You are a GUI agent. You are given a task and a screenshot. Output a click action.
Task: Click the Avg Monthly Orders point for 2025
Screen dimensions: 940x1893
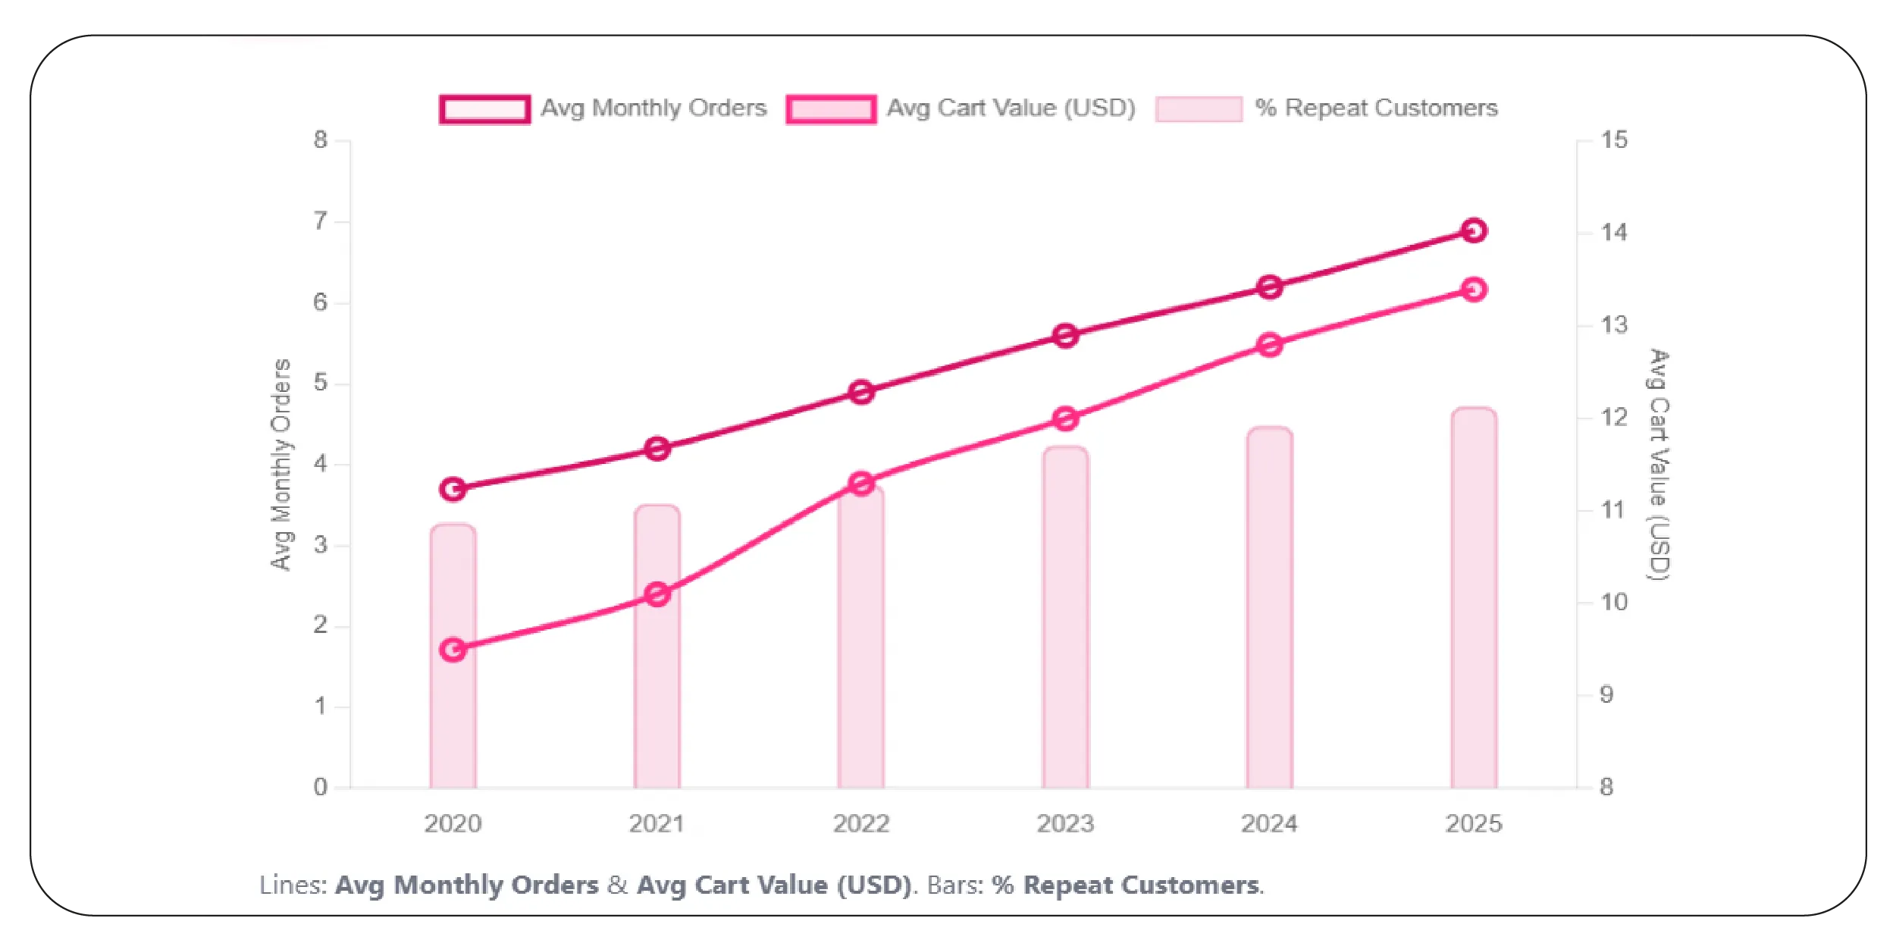coord(1473,230)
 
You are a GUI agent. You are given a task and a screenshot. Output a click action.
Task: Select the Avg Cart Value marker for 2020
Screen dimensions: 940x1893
coord(453,650)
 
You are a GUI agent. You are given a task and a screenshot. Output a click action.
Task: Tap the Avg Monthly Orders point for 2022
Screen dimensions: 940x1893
coord(861,392)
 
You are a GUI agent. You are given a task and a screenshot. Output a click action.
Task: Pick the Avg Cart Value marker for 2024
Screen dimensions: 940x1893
coord(1270,345)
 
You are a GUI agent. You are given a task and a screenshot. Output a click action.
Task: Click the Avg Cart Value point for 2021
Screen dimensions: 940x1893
coord(657,594)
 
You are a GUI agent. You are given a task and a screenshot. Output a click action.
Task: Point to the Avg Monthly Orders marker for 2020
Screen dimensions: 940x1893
coord(453,489)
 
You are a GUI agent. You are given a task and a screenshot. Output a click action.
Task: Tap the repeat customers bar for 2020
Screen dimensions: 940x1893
coord(453,720)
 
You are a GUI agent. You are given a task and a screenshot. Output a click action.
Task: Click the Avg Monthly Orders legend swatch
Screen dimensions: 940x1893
coord(484,109)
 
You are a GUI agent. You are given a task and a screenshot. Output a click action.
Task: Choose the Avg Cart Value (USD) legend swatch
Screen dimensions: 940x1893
coord(831,109)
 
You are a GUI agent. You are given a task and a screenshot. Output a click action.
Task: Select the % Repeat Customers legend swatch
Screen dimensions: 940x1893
coord(1199,109)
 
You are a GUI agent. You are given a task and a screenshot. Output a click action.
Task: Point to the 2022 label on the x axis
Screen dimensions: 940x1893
coord(861,823)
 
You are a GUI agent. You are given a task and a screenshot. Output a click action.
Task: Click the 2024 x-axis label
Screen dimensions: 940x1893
coord(1269,823)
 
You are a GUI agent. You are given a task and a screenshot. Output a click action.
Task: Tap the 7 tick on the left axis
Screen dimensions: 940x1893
coord(321,221)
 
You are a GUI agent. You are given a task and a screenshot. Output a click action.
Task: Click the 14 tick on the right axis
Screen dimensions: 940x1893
coord(1614,232)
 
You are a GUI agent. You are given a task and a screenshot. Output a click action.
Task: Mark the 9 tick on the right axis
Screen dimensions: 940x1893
coord(1606,694)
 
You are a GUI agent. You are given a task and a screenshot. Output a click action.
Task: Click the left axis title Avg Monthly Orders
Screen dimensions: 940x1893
coord(281,464)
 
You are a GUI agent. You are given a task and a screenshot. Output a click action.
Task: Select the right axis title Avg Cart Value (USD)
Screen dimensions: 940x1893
coord(1660,464)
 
